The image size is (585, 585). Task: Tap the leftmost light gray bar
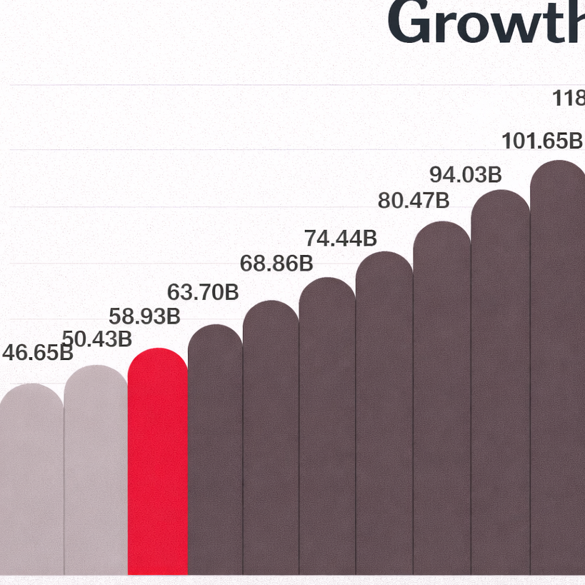click(x=31, y=479)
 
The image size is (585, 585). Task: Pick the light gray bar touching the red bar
click(x=96, y=471)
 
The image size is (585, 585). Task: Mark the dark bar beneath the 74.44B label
click(x=327, y=429)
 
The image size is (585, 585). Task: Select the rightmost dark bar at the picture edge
click(x=558, y=371)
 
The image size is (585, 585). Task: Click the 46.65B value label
click(x=37, y=352)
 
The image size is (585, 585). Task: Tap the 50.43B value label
click(x=97, y=339)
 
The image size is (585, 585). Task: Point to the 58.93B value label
click(x=144, y=316)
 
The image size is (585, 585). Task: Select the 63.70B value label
click(x=203, y=292)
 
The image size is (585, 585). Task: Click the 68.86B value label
click(x=276, y=264)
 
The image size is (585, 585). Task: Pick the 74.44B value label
click(x=340, y=237)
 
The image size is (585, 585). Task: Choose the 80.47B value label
click(x=414, y=201)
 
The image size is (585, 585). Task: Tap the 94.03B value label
click(x=466, y=174)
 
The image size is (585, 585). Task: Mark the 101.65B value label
click(x=542, y=141)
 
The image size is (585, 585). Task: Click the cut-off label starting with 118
click(x=569, y=98)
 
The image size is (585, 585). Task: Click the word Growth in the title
click(x=486, y=23)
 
